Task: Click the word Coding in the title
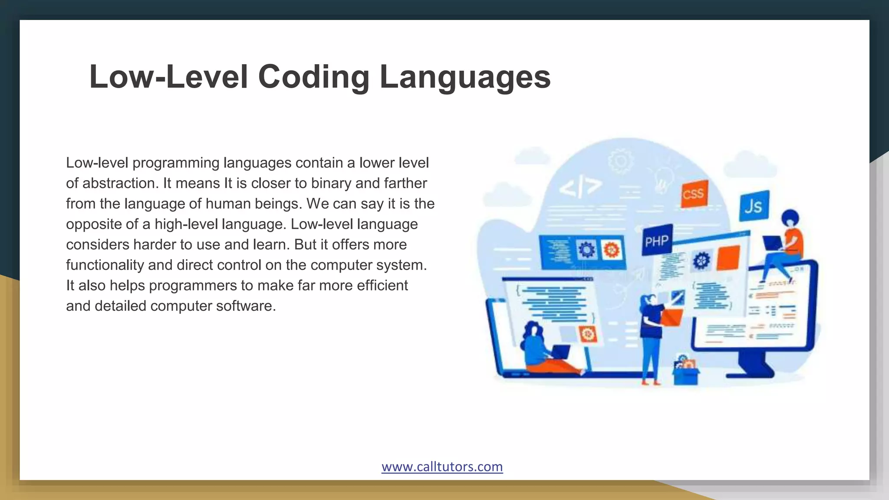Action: point(313,77)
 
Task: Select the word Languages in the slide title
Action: point(465,77)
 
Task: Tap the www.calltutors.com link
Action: point(442,467)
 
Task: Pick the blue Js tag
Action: point(754,206)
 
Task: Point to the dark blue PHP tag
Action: point(656,240)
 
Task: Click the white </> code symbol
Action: point(580,187)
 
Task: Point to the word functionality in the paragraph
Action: point(105,265)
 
